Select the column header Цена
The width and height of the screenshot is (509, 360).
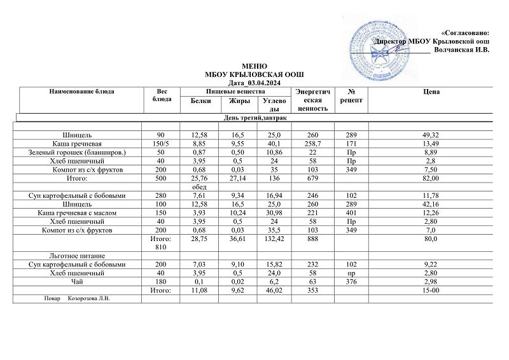431,92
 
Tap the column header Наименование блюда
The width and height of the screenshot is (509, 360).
81,92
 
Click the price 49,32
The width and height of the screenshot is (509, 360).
431,135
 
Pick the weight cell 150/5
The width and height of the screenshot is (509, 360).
164,144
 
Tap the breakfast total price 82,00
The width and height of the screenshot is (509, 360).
431,179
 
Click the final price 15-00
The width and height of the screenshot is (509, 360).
431,290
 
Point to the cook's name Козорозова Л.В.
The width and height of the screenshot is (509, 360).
89,299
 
